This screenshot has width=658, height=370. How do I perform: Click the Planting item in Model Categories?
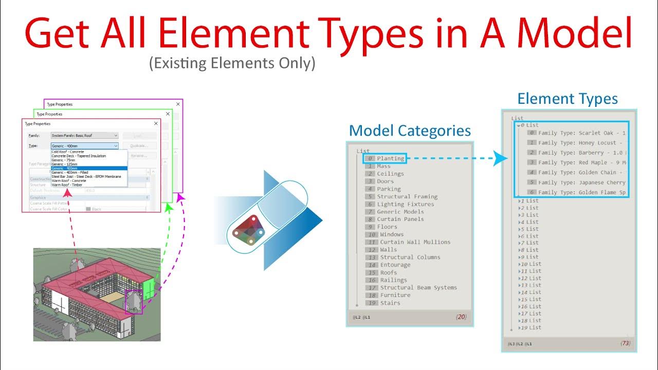pos(390,158)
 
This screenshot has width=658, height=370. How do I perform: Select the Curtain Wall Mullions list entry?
pos(415,242)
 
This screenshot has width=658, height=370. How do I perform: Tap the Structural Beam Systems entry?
pos(416,288)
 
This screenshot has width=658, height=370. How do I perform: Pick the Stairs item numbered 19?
pos(390,303)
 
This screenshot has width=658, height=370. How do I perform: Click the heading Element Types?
pos(567,99)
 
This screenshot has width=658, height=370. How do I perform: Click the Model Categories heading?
pos(410,131)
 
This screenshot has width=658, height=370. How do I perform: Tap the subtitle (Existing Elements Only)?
pos(232,64)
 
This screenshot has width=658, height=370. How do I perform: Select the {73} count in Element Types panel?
pos(625,343)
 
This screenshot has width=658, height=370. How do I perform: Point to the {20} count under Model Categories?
pos(461,317)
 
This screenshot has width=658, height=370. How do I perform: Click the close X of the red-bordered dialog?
pos(156,124)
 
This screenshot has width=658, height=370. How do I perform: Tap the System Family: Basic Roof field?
pos(85,136)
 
